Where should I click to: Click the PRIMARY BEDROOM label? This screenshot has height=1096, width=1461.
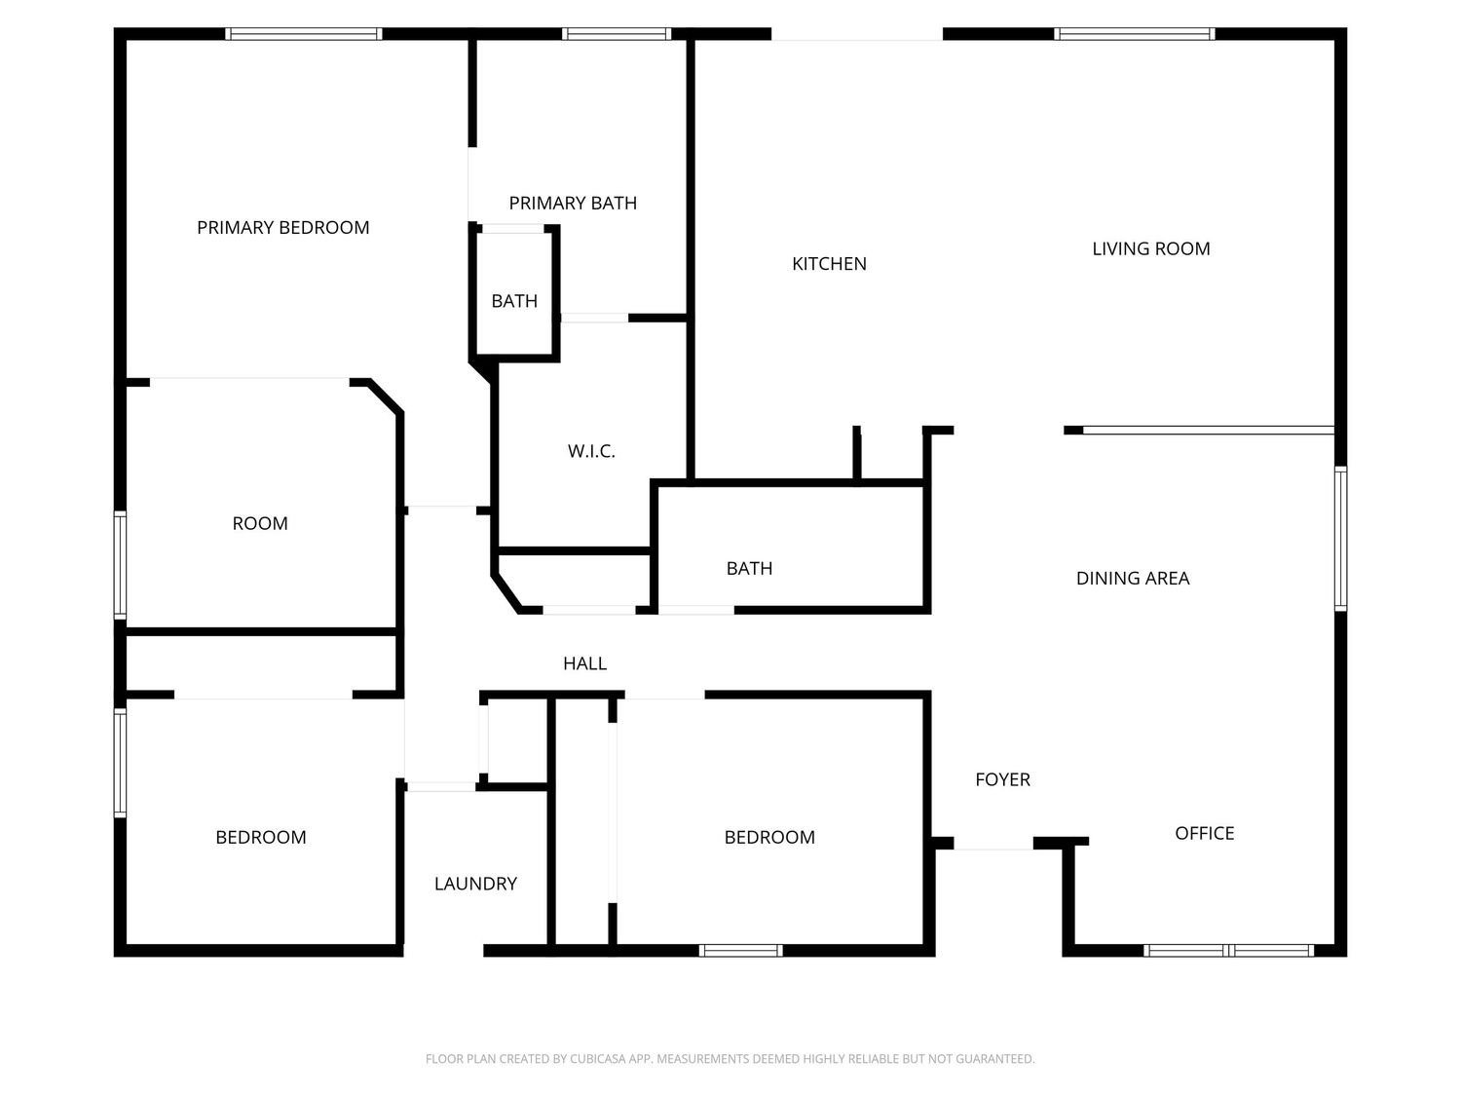282,228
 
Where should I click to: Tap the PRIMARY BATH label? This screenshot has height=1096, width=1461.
573,203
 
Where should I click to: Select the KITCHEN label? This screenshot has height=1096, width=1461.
829,264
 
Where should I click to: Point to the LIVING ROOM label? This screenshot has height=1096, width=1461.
1151,248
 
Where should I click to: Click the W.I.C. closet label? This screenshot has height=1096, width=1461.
591,451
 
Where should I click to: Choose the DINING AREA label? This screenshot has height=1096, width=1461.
1132,579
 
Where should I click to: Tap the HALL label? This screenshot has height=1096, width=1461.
584,663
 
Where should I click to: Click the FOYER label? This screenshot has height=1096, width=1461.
1002,779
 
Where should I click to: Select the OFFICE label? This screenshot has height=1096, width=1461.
1204,833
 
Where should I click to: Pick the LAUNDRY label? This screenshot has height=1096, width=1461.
475,884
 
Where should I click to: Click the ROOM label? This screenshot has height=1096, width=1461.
260,524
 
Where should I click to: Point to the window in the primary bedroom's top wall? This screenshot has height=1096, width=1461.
304,34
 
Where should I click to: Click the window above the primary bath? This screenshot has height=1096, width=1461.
617,34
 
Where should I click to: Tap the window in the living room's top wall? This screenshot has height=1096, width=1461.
1134,34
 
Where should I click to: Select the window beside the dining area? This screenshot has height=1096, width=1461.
1340,539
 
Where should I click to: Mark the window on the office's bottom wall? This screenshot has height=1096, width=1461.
1228,950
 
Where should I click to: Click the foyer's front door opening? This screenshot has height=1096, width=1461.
993,844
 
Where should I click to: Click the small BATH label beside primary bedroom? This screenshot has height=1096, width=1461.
514,301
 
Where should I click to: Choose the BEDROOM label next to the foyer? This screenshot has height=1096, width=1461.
769,837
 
